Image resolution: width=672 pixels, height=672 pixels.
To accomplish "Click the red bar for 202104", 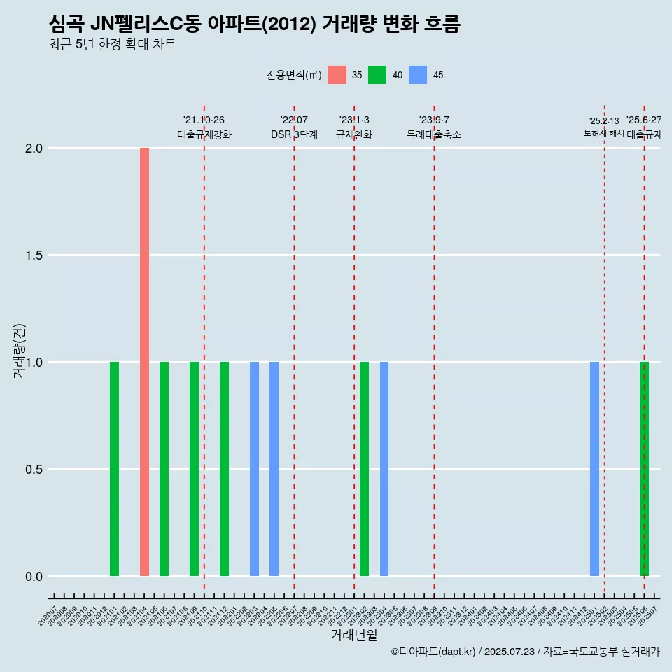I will [x=144, y=362].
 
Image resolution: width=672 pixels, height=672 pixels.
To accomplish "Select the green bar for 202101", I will [x=114, y=469].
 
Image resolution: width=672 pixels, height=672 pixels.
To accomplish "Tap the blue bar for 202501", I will [x=594, y=469].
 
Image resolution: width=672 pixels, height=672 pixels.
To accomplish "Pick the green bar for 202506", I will [x=645, y=469].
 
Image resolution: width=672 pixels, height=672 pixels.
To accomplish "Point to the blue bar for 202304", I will [x=384, y=469].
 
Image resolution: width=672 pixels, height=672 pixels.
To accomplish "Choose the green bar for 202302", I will [x=364, y=469].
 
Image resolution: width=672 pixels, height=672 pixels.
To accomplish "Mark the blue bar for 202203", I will [x=254, y=469].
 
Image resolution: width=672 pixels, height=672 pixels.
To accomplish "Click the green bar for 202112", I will [x=224, y=469].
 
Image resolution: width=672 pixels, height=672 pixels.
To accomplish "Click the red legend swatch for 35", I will [x=337, y=75].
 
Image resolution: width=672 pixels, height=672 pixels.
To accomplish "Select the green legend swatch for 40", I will [x=377, y=75].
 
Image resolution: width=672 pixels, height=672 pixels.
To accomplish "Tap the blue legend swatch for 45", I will [x=418, y=75].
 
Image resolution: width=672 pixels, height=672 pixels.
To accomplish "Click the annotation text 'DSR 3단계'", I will [x=294, y=134].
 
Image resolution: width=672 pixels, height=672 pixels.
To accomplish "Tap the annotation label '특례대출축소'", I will [x=434, y=134].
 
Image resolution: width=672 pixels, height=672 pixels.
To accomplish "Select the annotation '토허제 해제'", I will [x=604, y=133].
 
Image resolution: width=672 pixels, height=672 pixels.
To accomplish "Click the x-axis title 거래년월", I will [x=354, y=636].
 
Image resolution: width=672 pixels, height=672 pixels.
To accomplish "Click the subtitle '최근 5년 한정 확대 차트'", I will [x=112, y=45].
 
